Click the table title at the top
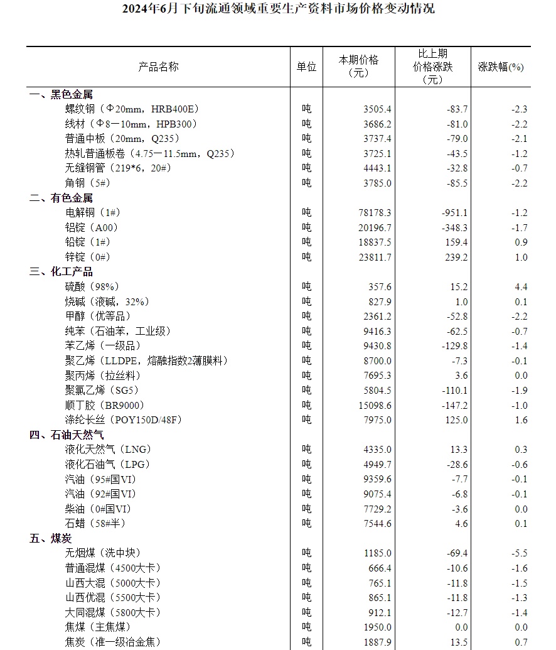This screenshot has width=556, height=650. coord(277,9)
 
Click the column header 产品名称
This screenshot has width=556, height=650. coord(158,67)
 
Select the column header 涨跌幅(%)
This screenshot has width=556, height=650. coord(500,67)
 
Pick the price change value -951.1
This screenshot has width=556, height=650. coord(454,213)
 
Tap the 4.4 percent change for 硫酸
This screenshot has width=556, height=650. coord(520,286)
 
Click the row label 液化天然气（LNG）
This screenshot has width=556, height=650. coord(108,450)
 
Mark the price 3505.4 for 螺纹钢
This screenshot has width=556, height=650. coord(377,109)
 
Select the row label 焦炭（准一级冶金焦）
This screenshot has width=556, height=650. coord(112,642)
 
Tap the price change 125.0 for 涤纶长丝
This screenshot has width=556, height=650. coord(456,420)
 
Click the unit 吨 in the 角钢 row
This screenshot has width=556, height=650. coord(306,183)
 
